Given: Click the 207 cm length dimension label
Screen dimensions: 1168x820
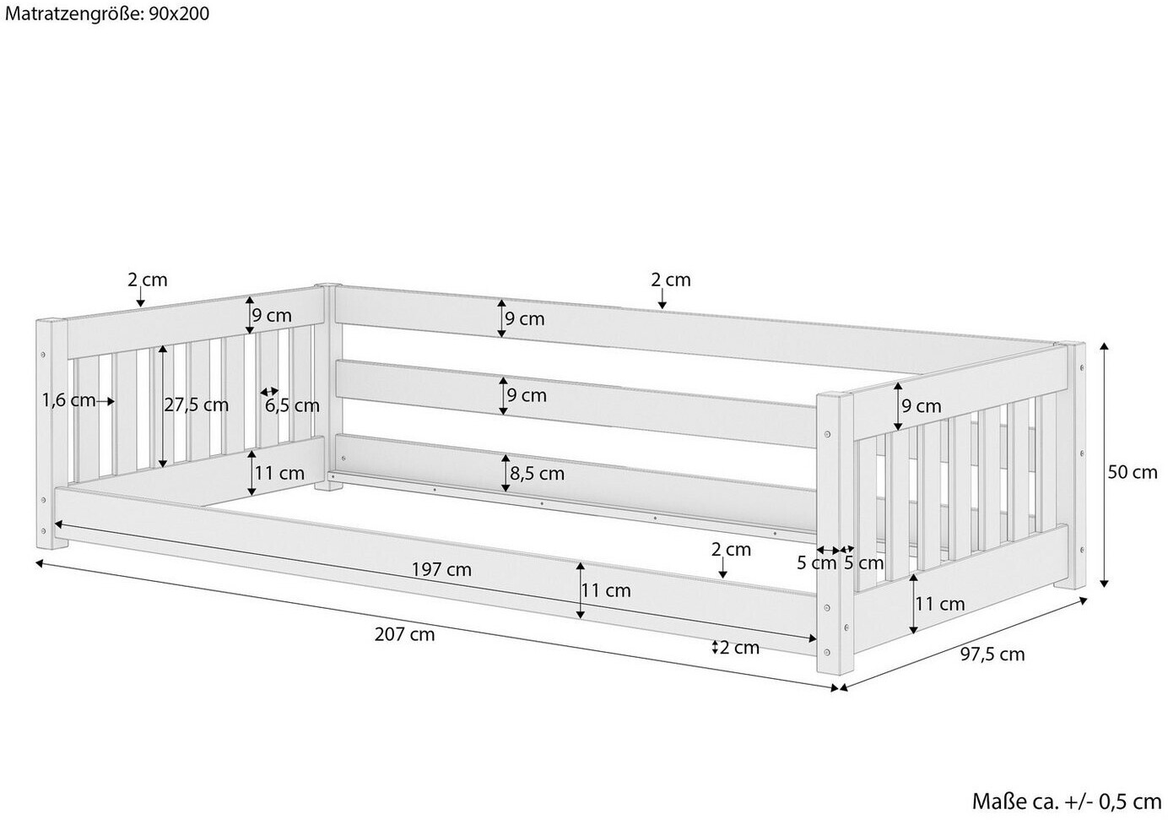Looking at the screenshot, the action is pyautogui.click(x=404, y=634).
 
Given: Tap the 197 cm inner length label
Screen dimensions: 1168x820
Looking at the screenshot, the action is pyautogui.click(x=441, y=570).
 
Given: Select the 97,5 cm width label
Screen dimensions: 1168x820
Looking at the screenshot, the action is pyautogui.click(x=992, y=654).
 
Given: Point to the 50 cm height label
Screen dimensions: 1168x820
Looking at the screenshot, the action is pyautogui.click(x=1132, y=472).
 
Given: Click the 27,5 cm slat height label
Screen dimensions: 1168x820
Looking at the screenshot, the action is pyautogui.click(x=196, y=405).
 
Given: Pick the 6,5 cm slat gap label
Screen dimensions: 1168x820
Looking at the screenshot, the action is pyautogui.click(x=292, y=405).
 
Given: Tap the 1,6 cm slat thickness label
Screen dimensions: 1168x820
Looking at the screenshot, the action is pyautogui.click(x=69, y=400).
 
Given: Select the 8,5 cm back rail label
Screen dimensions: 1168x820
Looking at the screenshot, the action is pyautogui.click(x=537, y=474).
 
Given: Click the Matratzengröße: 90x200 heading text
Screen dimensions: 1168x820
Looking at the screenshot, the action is pyautogui.click(x=107, y=13).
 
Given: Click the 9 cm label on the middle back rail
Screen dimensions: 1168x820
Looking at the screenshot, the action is pyautogui.click(x=527, y=395).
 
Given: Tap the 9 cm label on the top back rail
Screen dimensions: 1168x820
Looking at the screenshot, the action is pyautogui.click(x=525, y=318).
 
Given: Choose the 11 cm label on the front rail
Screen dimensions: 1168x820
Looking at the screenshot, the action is pyautogui.click(x=606, y=590).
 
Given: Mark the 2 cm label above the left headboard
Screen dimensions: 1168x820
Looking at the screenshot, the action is pyautogui.click(x=148, y=280).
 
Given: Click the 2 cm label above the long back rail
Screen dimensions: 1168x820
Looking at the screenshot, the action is pyautogui.click(x=671, y=280).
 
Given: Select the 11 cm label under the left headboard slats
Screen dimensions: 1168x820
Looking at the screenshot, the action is pyautogui.click(x=279, y=473).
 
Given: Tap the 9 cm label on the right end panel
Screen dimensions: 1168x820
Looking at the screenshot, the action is pyautogui.click(x=922, y=406).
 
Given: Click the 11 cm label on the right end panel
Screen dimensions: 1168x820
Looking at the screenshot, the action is pyautogui.click(x=940, y=604).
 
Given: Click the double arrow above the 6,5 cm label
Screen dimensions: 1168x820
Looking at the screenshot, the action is pyautogui.click(x=269, y=391).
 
